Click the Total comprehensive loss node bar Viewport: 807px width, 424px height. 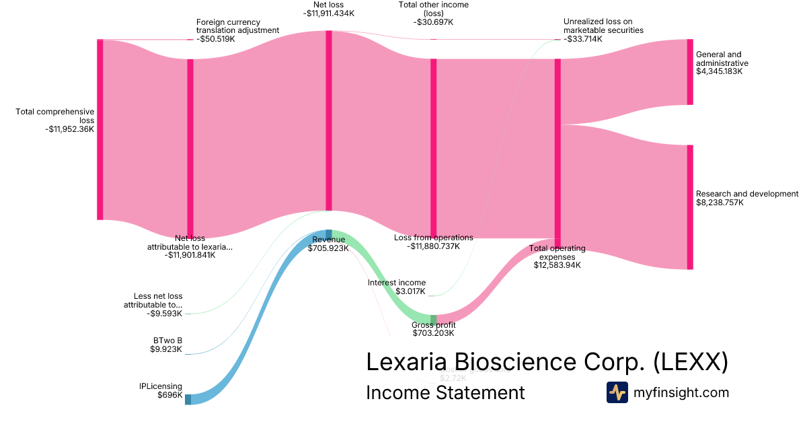tap(100, 129)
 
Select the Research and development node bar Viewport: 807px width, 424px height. tap(690, 207)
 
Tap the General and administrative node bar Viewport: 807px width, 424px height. tap(690, 72)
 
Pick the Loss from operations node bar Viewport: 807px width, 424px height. tap(434, 148)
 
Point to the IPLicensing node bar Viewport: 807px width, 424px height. tap(188, 399)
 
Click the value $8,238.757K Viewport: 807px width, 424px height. tap(720, 203)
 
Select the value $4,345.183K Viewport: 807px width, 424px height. tap(719, 71)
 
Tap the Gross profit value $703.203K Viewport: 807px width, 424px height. tap(433, 333)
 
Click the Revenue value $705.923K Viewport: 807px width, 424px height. tap(329, 248)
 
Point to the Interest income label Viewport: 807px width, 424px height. tap(396, 283)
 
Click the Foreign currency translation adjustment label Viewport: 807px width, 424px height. tap(237, 26)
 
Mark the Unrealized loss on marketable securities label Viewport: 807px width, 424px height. tap(603, 26)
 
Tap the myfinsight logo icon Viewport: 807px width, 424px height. tap(617, 392)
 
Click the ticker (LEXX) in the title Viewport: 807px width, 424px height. tap(691, 362)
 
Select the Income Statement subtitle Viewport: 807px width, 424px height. tap(445, 392)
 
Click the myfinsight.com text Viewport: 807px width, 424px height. tap(681, 392)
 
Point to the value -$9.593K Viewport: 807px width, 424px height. tap(165, 314)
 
